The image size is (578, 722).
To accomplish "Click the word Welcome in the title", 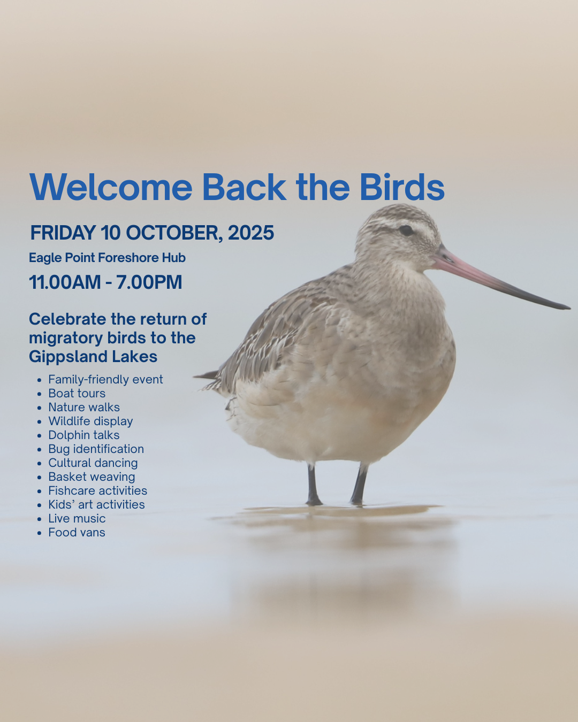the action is [x=111, y=187].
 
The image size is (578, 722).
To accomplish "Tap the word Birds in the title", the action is [x=402, y=187].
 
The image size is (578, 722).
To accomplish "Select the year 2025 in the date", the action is [x=251, y=233].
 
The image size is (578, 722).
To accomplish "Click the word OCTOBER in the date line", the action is [x=174, y=233].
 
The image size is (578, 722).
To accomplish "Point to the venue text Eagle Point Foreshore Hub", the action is [x=107, y=258].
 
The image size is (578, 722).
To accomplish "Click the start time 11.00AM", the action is [x=64, y=282].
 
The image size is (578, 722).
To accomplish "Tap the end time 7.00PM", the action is [x=149, y=282].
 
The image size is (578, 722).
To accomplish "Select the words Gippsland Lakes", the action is [x=93, y=356].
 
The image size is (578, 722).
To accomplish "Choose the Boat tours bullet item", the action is [x=77, y=393].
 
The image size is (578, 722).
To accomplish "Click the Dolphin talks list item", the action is [x=84, y=435].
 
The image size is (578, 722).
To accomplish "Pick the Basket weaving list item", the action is [x=92, y=477].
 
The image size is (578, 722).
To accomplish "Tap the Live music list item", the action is [x=77, y=518].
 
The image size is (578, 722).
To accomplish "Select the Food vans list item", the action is [x=77, y=533].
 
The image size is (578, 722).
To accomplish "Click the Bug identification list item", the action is [x=96, y=449].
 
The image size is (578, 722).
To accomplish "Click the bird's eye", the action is [x=406, y=230].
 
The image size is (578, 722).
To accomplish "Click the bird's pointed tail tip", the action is [x=195, y=377].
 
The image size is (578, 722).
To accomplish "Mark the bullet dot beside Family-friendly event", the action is [x=40, y=380].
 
